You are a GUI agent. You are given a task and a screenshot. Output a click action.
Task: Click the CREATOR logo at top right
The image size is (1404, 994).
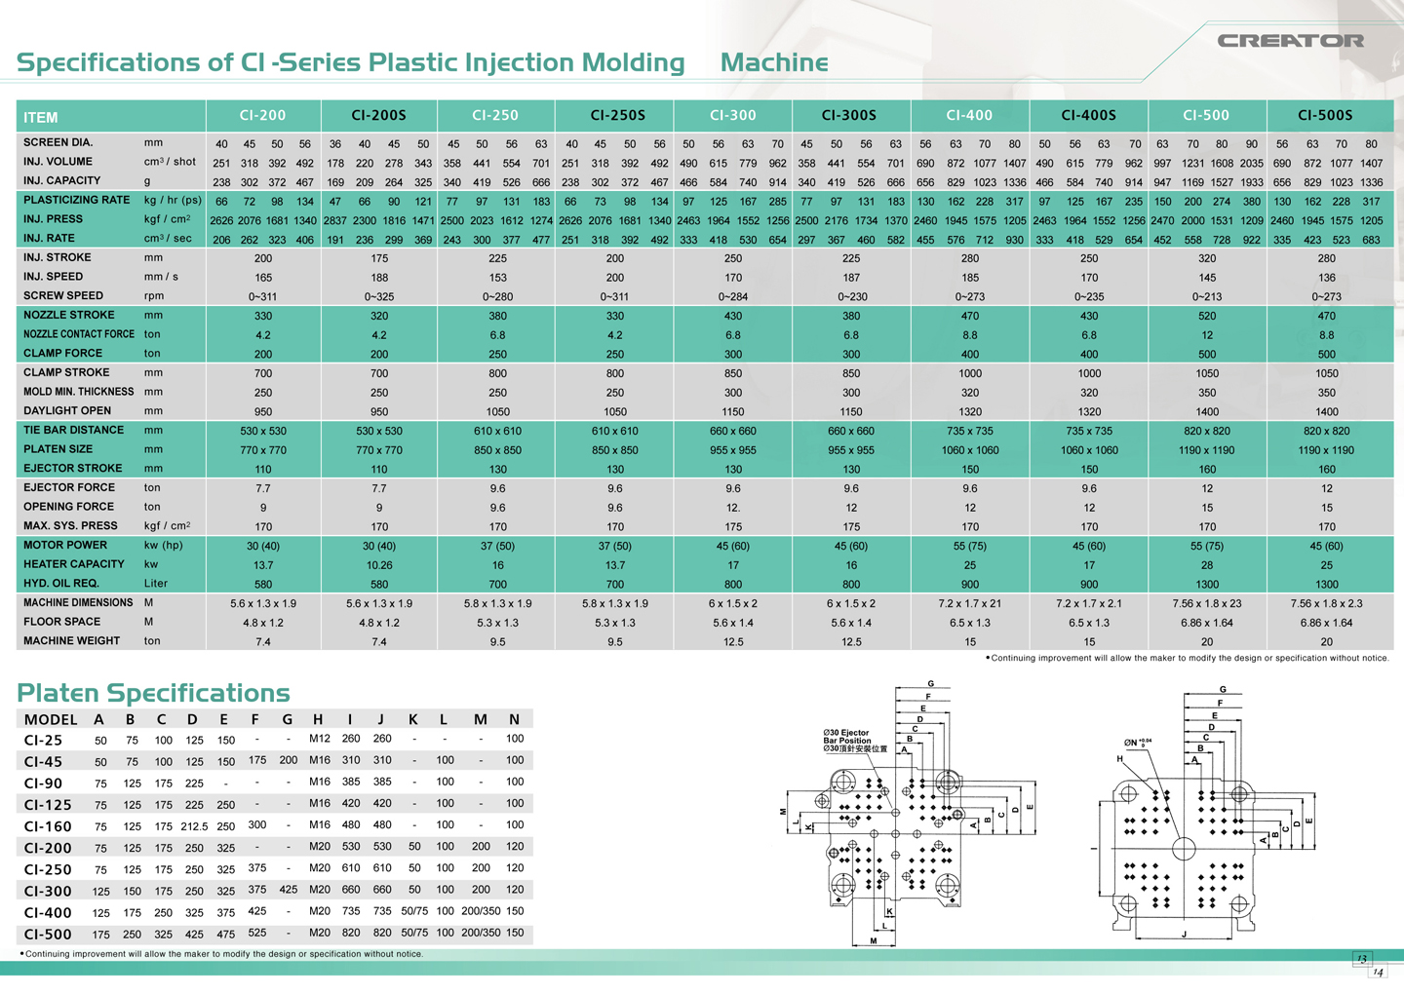1290,41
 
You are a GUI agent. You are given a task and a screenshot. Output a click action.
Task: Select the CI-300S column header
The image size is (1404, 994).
849,115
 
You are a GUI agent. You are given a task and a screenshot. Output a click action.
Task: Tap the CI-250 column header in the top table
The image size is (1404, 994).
495,115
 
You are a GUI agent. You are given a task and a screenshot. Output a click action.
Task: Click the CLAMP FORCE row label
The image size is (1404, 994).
62,354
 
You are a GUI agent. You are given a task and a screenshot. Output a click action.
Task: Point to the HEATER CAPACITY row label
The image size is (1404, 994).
74,564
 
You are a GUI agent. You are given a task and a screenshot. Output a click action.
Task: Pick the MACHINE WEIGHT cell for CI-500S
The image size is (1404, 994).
1326,642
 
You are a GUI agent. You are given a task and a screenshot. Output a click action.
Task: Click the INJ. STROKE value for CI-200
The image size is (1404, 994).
263,259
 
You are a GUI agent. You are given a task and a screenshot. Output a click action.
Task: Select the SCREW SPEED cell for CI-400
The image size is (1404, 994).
969,297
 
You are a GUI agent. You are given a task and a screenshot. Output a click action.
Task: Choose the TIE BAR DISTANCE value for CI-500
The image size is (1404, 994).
1207,431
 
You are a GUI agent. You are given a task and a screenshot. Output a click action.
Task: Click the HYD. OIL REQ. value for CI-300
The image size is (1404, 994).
733,585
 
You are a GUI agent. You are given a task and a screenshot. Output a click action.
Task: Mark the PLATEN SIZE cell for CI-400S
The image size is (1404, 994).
1088,450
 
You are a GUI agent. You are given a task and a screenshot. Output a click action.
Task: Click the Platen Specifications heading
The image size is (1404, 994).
153,693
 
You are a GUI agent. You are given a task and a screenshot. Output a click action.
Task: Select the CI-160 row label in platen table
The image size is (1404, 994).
48,826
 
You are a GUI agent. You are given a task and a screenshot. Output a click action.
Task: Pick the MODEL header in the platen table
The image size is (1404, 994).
51,720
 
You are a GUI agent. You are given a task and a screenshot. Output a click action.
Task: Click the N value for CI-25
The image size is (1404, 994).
515,739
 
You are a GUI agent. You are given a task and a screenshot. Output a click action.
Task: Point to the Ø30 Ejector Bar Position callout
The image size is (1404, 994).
846,741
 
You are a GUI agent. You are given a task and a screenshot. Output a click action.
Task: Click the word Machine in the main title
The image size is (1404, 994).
774,62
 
